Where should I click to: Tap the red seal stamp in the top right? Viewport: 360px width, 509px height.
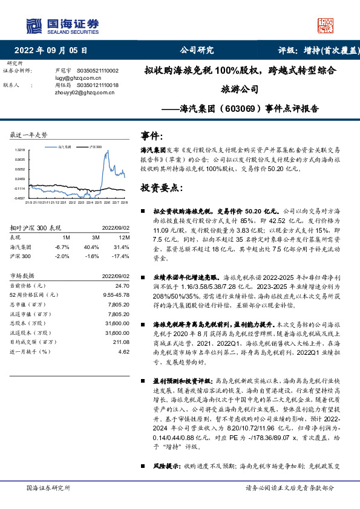327,25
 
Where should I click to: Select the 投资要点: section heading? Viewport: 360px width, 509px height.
161,188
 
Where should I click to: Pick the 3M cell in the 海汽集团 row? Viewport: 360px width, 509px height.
91,247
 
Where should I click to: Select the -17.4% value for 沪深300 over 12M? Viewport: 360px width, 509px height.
122,256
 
